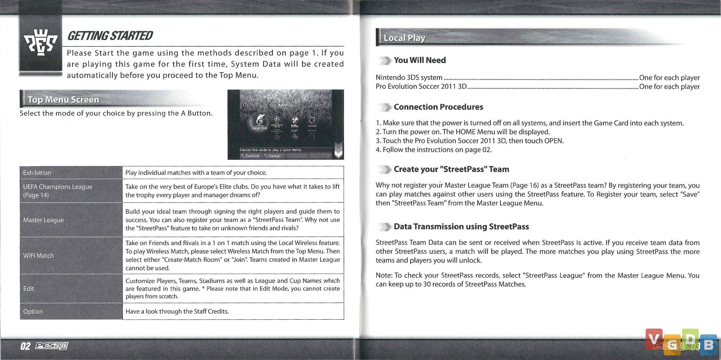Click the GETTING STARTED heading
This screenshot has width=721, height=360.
[x=110, y=36]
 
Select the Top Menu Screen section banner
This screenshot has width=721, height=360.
[x=63, y=100]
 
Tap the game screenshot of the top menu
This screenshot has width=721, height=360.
[x=286, y=124]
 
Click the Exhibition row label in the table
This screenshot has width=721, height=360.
[x=37, y=173]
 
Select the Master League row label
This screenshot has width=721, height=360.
[x=44, y=220]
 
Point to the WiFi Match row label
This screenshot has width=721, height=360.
[x=39, y=255]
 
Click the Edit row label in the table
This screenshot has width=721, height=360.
[x=28, y=289]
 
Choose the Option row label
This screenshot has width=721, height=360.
[x=33, y=311]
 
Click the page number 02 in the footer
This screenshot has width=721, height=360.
[x=25, y=346]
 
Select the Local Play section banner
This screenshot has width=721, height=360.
[x=404, y=38]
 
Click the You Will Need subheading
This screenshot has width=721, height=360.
[x=420, y=60]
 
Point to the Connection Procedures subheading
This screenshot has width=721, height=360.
[x=438, y=107]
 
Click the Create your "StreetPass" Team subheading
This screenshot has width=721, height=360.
[x=451, y=169]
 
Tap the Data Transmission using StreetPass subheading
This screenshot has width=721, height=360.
[x=461, y=227]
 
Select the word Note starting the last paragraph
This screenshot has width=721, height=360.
[x=384, y=276]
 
